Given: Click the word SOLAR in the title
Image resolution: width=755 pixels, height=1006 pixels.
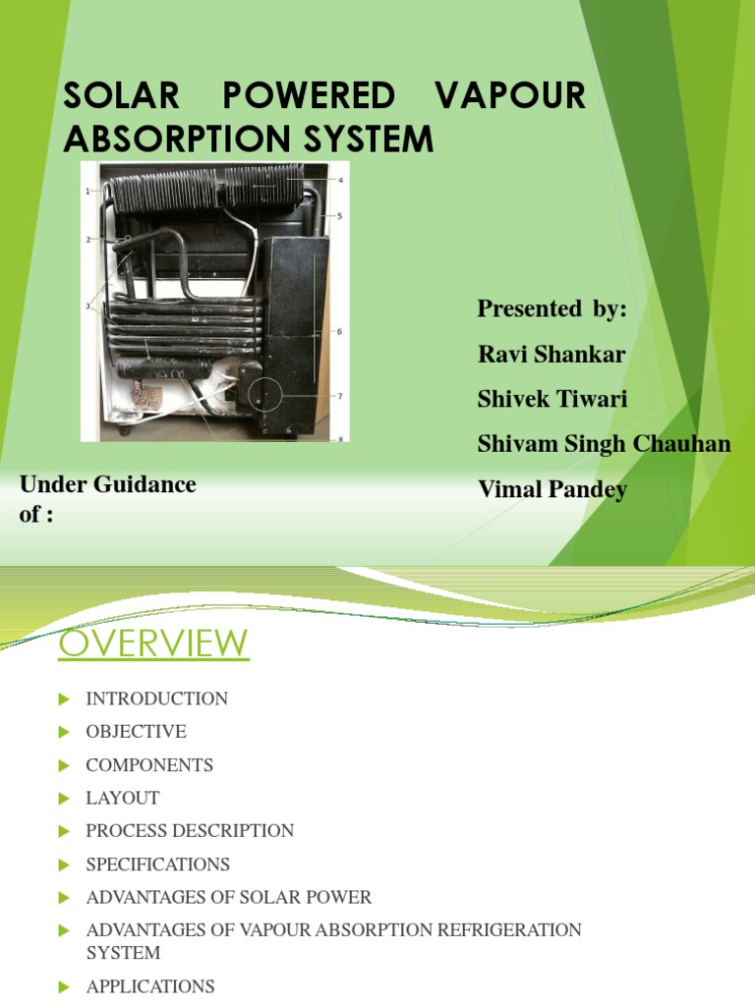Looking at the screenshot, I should [x=122, y=96].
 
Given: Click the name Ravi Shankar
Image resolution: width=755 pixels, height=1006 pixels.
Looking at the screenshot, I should [x=551, y=355].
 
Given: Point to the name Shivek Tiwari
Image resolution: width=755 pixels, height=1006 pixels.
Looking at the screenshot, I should [x=551, y=399].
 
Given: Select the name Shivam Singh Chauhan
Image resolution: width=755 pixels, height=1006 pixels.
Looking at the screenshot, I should [x=604, y=444].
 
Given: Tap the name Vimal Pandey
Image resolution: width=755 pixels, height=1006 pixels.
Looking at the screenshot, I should [x=552, y=489].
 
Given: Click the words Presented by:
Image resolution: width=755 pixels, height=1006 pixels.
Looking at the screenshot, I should [x=552, y=309].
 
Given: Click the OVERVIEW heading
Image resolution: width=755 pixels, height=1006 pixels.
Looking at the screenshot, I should [x=153, y=644].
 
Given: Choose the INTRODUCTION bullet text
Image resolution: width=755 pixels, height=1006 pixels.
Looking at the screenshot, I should [x=156, y=699].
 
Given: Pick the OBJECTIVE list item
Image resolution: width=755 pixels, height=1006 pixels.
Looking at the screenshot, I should [x=136, y=732].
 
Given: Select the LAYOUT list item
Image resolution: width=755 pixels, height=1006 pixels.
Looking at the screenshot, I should [x=122, y=798].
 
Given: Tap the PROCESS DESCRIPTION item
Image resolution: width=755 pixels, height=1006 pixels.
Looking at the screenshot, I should [x=190, y=830].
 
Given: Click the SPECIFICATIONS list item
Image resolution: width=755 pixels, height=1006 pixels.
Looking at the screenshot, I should [x=157, y=865].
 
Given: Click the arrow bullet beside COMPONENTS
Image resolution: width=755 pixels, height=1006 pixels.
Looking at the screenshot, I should [x=65, y=765].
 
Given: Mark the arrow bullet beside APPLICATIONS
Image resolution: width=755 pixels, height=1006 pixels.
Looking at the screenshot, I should [x=65, y=986].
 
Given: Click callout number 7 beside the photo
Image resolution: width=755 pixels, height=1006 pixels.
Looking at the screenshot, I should [x=340, y=397].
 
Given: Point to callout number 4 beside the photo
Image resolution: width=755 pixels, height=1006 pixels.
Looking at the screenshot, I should [x=340, y=181].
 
